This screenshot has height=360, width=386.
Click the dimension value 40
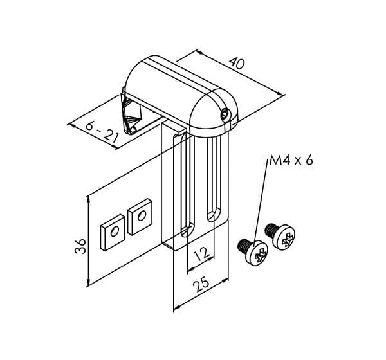[237, 63]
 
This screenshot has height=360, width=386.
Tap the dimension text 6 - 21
[102, 134]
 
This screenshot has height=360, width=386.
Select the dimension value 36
[80, 246]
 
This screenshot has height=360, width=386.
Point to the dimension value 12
[201, 254]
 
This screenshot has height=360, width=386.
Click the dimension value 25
[201, 284]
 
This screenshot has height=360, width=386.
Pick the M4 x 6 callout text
[291, 161]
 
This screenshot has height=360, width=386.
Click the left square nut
[113, 232]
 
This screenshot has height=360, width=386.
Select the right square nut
[140, 217]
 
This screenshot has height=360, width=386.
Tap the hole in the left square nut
[115, 231]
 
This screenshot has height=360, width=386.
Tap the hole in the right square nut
[142, 216]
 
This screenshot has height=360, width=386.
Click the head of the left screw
[257, 253]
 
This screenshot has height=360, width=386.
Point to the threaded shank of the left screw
[244, 245]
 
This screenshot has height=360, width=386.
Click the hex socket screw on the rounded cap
[225, 115]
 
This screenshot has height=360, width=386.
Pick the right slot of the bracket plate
[214, 179]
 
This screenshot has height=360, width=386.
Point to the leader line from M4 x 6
[261, 203]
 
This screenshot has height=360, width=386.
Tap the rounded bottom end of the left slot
[188, 230]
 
